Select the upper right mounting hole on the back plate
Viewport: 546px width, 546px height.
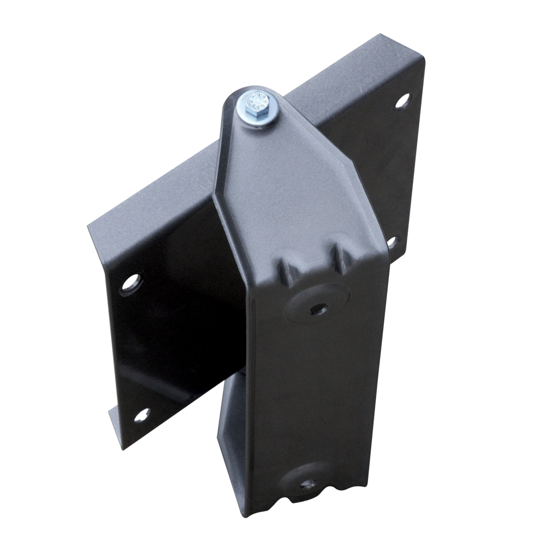click(x=402, y=100)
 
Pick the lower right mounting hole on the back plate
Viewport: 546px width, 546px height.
click(x=391, y=241)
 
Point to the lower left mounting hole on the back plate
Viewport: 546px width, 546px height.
click(x=141, y=415)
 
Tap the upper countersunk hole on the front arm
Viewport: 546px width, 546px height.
click(x=318, y=309)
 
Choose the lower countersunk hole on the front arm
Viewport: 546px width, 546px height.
click(x=308, y=484)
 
